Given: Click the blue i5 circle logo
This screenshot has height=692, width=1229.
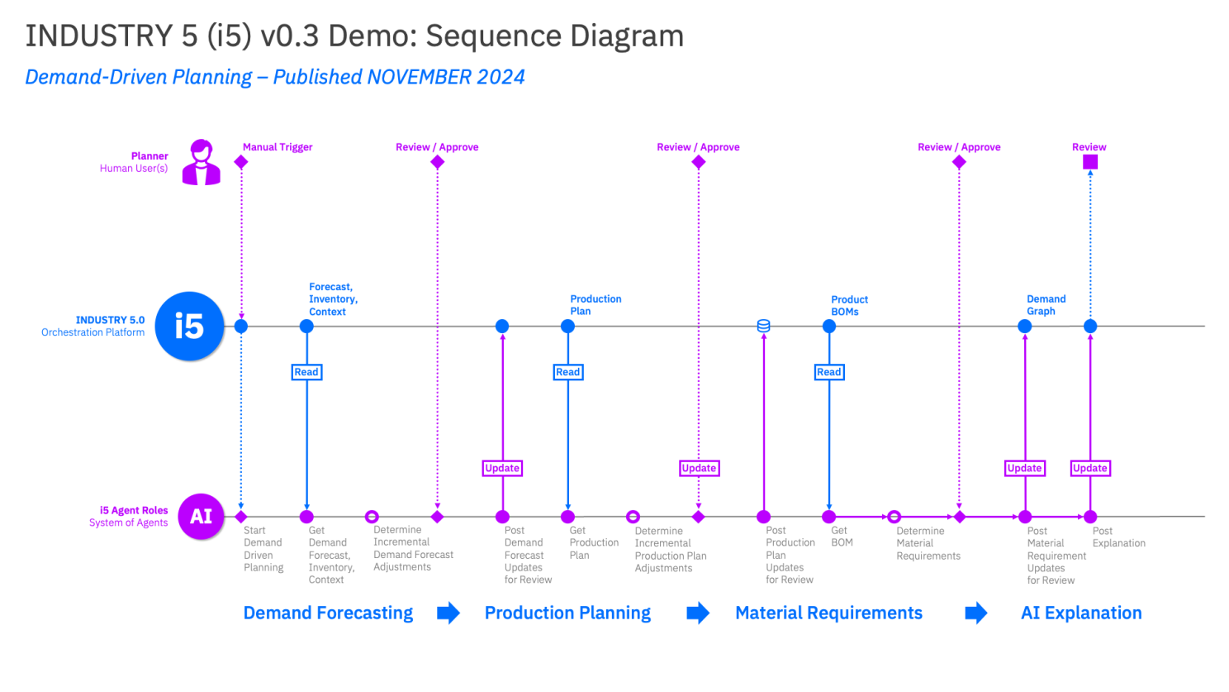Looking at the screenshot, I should pos(189,327).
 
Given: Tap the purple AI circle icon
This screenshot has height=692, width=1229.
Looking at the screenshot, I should pos(201,516).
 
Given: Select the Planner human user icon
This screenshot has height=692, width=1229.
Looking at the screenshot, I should pos(201,162).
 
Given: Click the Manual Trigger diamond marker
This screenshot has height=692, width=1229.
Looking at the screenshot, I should pos(241,162).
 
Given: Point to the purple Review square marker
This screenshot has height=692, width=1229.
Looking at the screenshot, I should pos(1090,162).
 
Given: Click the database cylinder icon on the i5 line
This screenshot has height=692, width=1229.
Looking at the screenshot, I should pos(764,326).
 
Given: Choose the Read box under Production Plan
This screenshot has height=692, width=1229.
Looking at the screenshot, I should pos(567,372).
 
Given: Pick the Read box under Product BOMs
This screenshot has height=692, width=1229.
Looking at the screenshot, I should pos(828,372).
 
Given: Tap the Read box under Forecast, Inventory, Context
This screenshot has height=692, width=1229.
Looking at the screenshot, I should pos(306,372).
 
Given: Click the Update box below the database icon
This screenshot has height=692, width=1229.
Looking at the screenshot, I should pos(699,468).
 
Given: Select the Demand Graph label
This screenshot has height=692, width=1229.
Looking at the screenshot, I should pos(1046,305).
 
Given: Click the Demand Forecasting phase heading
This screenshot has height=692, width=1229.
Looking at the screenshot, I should pos(328,613).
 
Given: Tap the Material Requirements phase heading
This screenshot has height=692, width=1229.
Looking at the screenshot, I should pos(828,613).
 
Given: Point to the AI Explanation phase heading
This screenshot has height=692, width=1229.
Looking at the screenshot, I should pos(1081,613).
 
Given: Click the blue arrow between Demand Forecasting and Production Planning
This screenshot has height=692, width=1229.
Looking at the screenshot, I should pos(448,613).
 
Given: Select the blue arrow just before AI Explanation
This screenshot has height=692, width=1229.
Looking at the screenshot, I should pos(976,613).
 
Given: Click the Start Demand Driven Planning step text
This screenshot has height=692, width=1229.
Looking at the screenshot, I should pos(263,549).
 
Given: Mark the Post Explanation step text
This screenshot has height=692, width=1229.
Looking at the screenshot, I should pos(1118,537).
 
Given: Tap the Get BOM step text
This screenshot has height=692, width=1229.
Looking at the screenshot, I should pos(842,537).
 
